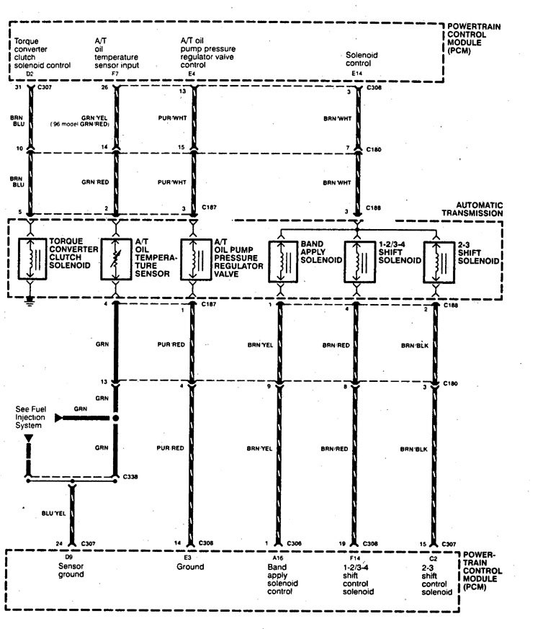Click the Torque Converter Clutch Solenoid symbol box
[x=32, y=259]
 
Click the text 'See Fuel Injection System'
[x=29, y=417]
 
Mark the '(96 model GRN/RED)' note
[x=80, y=125]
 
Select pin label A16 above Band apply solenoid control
[x=274, y=556]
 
